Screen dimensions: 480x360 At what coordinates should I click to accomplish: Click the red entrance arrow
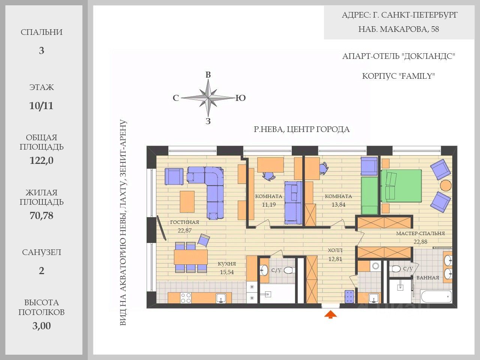tap(330, 315)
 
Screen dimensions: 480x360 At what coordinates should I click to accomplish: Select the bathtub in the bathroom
tap(436, 296)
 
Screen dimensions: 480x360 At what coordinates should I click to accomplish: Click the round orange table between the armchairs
tap(445, 186)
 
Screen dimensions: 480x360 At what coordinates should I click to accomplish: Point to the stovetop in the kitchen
tap(186, 298)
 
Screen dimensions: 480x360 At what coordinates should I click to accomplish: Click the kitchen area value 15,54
tap(227, 272)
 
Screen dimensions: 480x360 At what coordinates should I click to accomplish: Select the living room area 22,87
tap(184, 230)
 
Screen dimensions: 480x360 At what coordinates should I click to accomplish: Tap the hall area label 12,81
tap(335, 259)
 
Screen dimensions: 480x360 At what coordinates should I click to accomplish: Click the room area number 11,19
tap(269, 205)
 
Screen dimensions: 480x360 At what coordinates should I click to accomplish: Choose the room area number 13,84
tap(338, 205)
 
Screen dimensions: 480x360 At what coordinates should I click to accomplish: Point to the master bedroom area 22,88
tap(420, 242)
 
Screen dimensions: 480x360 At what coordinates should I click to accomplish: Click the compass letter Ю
tap(240, 98)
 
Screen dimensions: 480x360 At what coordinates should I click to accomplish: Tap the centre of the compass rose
tap(208, 98)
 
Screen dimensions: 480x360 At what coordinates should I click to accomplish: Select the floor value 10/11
tap(41, 106)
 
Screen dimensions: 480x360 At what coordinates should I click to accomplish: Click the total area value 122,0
tap(41, 160)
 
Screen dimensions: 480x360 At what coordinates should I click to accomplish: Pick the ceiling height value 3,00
tap(41, 325)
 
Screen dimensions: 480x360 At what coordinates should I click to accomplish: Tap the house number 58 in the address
tap(435, 29)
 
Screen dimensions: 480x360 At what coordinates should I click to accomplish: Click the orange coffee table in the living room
tap(187, 201)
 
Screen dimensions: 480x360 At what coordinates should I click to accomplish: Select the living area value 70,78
tap(41, 216)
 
